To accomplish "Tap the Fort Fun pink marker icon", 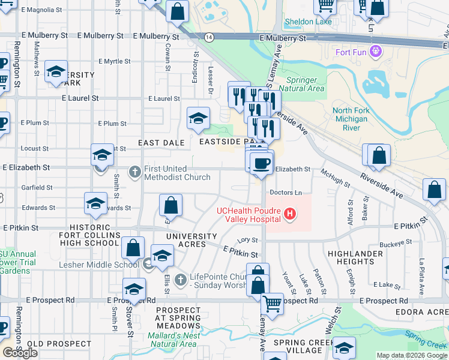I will coord(376,52).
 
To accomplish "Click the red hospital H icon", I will coord(290,214).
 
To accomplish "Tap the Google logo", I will coord(20,353).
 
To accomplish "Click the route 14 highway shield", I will coord(208,37).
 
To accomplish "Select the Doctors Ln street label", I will coord(286,193).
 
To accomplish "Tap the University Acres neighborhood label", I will coord(191,240).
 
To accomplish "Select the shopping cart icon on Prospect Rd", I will coord(273,304).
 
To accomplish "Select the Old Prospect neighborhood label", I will coord(54,344).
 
